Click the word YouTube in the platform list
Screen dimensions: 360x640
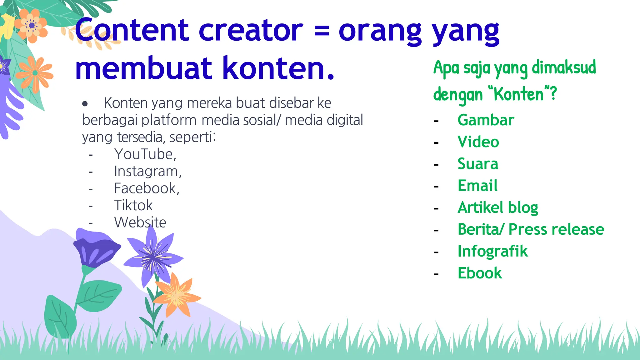[x=145, y=154]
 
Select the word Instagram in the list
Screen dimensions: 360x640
[x=147, y=171]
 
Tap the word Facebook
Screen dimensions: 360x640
[x=146, y=188]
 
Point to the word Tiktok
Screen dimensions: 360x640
[x=133, y=205]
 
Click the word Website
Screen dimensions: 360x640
[x=140, y=222]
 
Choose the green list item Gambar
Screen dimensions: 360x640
[x=486, y=120]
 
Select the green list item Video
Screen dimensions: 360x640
[x=478, y=142]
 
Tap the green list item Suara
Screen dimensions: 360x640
[x=478, y=164]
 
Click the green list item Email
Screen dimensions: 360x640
[x=477, y=186]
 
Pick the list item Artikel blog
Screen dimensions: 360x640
[x=497, y=208]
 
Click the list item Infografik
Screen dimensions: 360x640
[x=492, y=251]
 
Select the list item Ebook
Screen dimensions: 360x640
[x=479, y=273]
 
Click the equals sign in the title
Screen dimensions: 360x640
[x=321, y=31]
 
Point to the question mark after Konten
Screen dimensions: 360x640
[x=553, y=93]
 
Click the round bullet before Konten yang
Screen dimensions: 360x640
[x=85, y=104]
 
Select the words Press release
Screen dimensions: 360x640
[x=556, y=229]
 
